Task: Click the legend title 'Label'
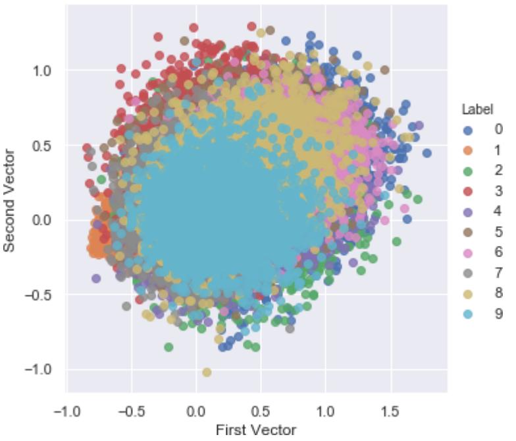click(x=477, y=109)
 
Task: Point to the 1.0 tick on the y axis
click(x=43, y=70)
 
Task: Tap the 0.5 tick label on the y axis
click(x=43, y=145)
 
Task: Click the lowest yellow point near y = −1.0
click(x=207, y=372)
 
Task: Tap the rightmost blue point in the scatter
click(x=426, y=153)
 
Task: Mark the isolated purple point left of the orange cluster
click(x=96, y=278)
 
